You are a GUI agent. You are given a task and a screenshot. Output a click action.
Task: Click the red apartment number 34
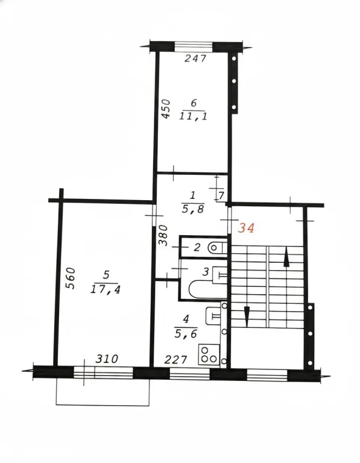[x=246, y=228]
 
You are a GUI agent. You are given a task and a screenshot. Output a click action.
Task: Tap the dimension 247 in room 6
[x=195, y=58]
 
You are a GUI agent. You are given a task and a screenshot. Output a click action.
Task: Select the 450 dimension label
[x=166, y=109]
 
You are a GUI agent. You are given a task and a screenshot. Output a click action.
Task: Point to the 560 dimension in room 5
[x=71, y=278]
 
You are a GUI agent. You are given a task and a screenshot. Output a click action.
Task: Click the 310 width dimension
[x=107, y=359]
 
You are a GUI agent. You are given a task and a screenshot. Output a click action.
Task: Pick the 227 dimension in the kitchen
[x=175, y=360]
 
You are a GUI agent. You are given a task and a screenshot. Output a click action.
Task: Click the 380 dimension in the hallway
[x=163, y=235]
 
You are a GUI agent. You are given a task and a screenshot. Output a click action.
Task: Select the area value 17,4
[x=105, y=289]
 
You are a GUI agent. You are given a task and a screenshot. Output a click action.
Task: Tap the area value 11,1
[x=193, y=116]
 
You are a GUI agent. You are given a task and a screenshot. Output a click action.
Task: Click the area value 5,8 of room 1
[x=193, y=209]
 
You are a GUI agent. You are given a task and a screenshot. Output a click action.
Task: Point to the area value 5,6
[x=186, y=333]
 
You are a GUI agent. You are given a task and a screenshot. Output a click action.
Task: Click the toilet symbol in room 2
[x=217, y=247]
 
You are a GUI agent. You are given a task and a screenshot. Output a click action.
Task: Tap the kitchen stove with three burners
[x=209, y=354]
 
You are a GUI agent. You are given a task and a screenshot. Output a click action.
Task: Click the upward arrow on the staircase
[x=286, y=256]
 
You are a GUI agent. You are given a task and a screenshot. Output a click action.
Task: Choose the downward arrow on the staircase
[x=247, y=317]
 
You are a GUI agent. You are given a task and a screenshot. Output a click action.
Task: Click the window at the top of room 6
[x=194, y=46]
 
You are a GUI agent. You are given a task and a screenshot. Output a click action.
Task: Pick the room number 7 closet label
[x=221, y=195]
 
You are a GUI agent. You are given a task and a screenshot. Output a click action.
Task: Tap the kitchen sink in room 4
[x=213, y=316]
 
